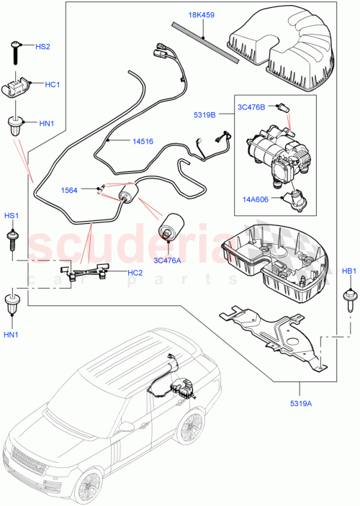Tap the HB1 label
coord(349,271)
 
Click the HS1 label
coord(13,215)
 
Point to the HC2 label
coord(135,273)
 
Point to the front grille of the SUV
coord(24,462)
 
